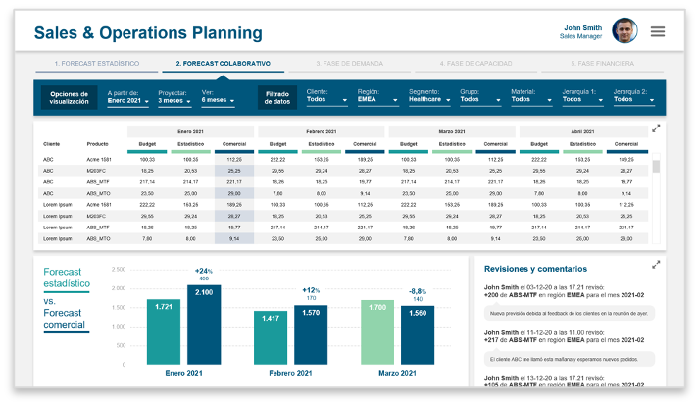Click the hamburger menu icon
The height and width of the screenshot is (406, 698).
(x=658, y=31)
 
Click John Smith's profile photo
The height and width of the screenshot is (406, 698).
(x=624, y=30)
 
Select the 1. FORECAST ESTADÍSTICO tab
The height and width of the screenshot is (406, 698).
(x=96, y=63)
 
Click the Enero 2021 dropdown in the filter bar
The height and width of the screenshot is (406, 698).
(x=128, y=100)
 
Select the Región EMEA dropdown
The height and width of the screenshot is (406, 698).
(x=377, y=99)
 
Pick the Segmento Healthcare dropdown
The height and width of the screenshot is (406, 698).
(x=430, y=99)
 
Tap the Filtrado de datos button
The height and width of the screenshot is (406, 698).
(x=276, y=97)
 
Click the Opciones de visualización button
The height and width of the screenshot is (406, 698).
(x=69, y=97)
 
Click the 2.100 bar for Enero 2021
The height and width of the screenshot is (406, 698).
(x=204, y=324)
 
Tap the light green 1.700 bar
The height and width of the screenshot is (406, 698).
(x=377, y=333)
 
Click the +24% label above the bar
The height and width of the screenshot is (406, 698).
(x=203, y=271)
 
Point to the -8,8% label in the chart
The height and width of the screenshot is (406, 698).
(x=418, y=291)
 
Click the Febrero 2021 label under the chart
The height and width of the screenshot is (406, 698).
(x=291, y=374)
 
